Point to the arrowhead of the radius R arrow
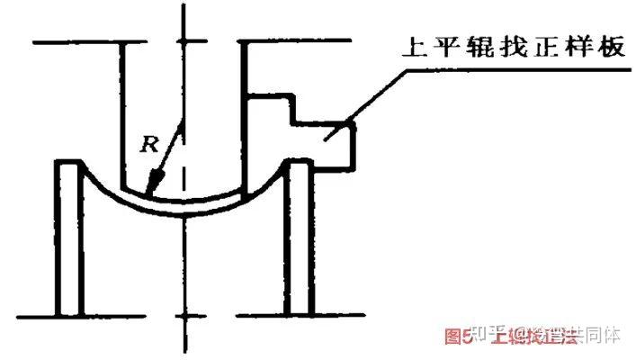pos(154,191)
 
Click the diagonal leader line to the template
pos(378,99)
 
